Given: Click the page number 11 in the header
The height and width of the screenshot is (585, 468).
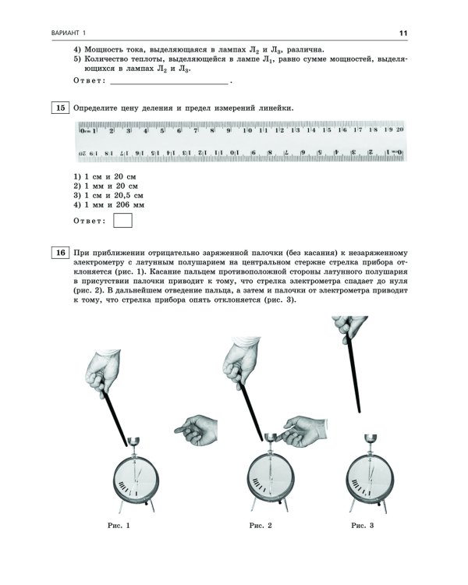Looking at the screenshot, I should (403, 32).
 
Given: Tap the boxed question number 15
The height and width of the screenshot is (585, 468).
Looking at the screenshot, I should (60, 108).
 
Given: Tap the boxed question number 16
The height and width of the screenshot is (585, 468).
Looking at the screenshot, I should (60, 253).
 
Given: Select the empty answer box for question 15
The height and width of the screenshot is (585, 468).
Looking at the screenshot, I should (122, 221).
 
